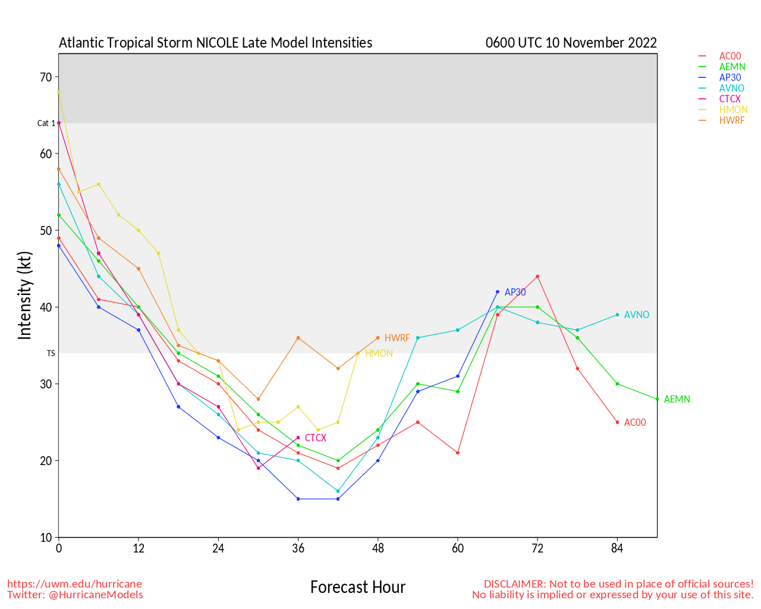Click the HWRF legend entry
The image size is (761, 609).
731,120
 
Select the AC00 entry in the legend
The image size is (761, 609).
730,56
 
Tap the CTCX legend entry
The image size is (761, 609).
730,99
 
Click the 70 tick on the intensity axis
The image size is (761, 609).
46,77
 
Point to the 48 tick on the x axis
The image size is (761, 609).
378,548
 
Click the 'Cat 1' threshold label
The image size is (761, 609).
46,123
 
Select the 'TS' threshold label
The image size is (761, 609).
51,353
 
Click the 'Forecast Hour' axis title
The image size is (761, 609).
357,588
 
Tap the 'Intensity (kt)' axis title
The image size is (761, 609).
24,296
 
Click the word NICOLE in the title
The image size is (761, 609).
217,43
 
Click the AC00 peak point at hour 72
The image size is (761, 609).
537,277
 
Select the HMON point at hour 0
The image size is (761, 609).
59,92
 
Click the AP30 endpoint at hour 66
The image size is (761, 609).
498,292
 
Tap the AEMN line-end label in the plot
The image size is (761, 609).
677,400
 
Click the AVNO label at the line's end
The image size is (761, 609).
636,315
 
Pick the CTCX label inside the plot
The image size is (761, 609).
315,438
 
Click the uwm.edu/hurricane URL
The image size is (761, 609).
74,584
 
